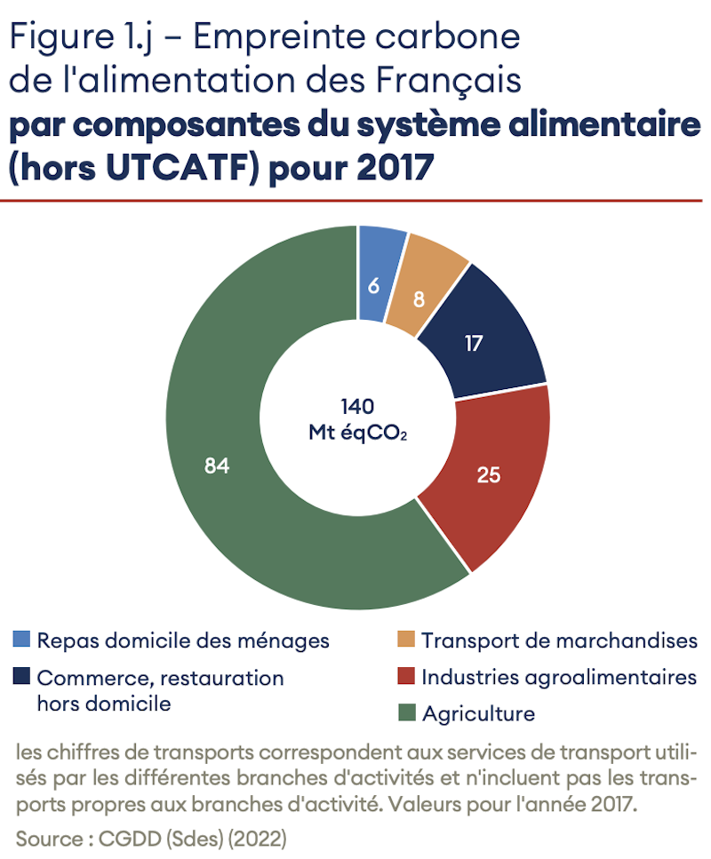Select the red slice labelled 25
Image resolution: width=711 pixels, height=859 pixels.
point(487,475)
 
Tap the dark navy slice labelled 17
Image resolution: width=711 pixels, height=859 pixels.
point(474,342)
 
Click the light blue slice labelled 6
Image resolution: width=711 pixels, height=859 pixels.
point(374,285)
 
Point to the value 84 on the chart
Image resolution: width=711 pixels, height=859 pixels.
point(217,465)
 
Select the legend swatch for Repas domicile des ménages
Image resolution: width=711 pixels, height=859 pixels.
point(22,640)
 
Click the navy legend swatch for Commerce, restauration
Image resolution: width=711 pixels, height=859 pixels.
point(22,677)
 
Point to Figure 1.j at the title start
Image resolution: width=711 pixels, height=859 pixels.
point(78,37)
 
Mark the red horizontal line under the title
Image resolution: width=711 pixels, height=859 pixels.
point(355,201)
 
